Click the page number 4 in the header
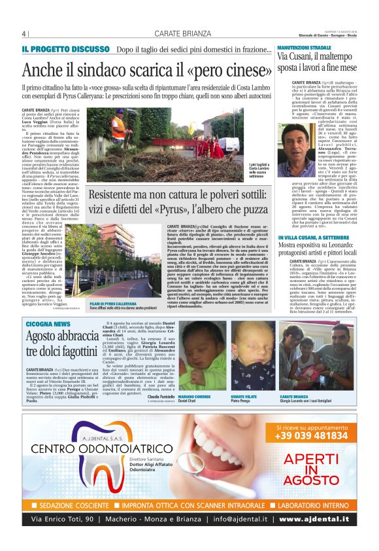pos(24,34)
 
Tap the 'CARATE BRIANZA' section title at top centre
pos(184,34)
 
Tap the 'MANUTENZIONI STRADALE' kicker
pos(304,48)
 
